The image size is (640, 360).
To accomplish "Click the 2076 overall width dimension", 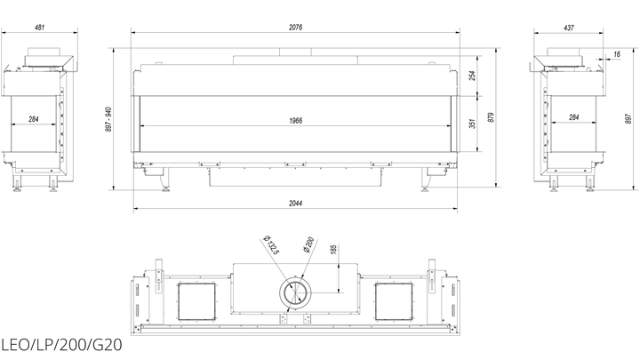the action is [x=295, y=28].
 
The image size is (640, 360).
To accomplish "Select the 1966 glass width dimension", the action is [x=295, y=120].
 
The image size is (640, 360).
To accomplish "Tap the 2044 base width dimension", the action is [x=295, y=204].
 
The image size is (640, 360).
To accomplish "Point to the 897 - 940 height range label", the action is [x=108, y=119].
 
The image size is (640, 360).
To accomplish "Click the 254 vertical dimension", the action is [x=472, y=76].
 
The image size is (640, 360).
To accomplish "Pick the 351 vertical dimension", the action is [x=472, y=124].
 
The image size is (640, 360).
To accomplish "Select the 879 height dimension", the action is [x=491, y=117].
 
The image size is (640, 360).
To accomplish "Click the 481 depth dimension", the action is [x=39, y=28].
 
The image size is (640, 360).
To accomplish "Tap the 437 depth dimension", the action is [x=569, y=28].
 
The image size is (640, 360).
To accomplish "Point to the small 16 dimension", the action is [x=616, y=54].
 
